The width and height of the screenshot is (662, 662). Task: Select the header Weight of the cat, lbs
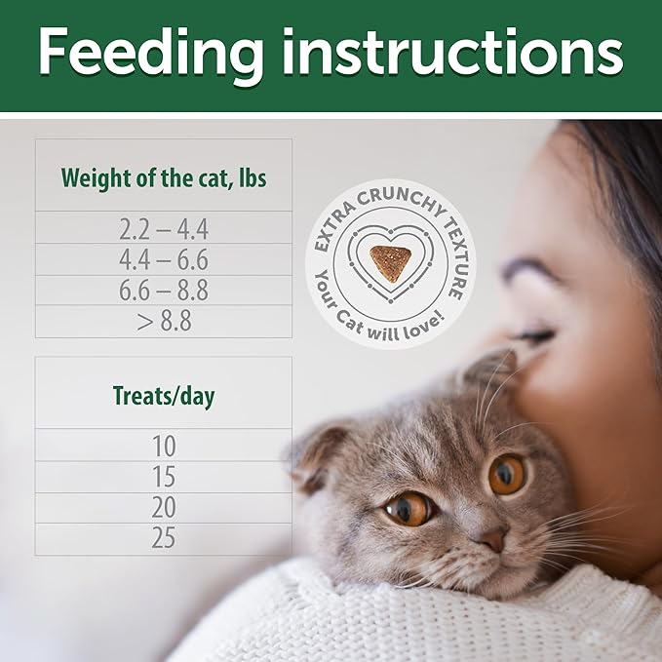coord(163,179)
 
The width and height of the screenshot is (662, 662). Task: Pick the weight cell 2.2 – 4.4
coord(163,229)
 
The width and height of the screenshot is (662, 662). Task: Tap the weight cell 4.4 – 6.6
coord(163,260)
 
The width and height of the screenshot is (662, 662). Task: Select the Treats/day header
coord(163,397)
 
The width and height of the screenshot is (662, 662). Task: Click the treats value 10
coord(163,447)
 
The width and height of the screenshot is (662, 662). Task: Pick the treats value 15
coord(163,478)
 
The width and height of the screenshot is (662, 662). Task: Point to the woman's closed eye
coord(535,335)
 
